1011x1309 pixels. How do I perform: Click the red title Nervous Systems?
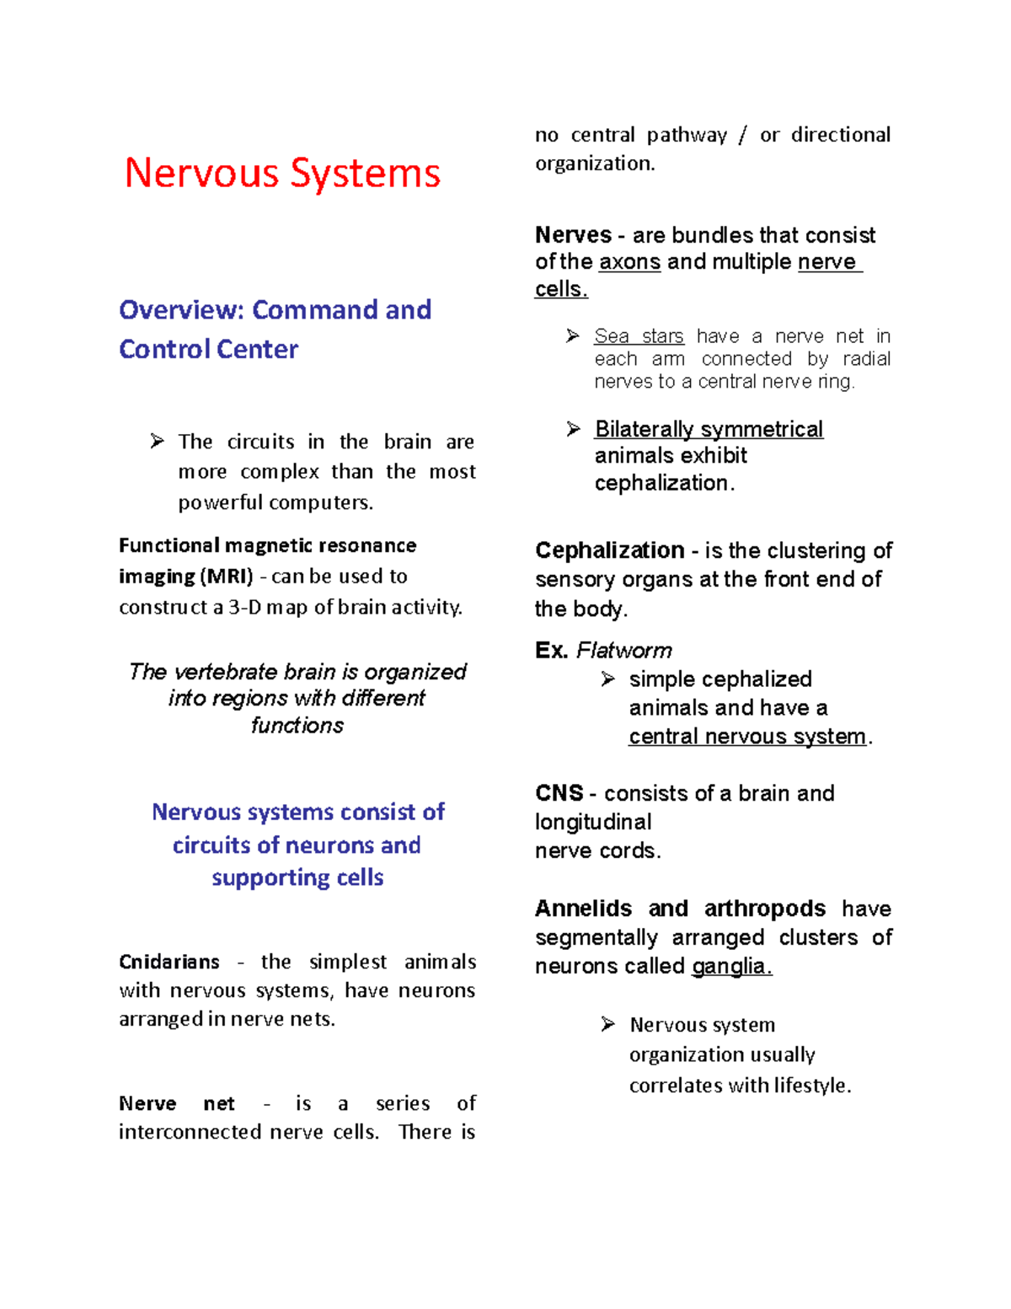coord(282,173)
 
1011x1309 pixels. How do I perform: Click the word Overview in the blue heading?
coord(181,310)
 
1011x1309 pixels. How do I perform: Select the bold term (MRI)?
coord(226,577)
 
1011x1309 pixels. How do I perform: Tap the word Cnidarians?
coord(169,962)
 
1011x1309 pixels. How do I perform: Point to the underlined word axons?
coord(629,262)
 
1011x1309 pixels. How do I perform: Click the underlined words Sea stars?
coord(639,336)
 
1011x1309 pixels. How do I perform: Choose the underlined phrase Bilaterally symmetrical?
coord(709,429)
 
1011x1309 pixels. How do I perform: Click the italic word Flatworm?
coord(624,651)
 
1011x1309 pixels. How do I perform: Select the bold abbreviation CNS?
coord(559,793)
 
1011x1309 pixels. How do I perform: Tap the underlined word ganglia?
coord(731,966)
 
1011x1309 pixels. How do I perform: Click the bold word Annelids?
coord(583,909)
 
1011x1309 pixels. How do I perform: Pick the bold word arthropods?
coord(764,909)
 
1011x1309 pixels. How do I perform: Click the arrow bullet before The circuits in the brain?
coord(158,441)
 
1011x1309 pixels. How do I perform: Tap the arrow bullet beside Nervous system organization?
coord(608,1024)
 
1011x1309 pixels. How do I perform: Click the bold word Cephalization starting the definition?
coord(609,550)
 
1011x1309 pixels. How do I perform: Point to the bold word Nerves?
coord(573,234)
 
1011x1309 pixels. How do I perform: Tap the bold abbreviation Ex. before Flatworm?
coord(551,651)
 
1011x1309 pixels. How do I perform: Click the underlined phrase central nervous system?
coord(747,737)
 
